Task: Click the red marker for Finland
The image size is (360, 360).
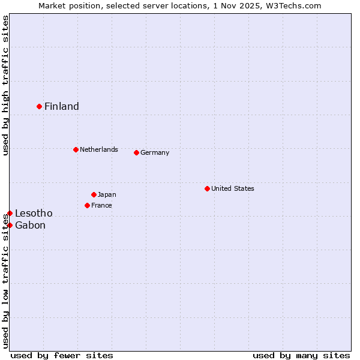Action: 40,106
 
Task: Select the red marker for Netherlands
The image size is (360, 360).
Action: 76,149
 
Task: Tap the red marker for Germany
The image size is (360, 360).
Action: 137,152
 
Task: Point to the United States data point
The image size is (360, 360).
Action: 208,188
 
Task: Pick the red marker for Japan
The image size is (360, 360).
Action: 94,194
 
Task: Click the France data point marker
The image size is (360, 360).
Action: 88,205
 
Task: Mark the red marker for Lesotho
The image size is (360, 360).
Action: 10,213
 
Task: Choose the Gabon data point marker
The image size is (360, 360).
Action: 10,225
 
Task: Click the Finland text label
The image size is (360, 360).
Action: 62,106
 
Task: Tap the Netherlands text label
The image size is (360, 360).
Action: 99,149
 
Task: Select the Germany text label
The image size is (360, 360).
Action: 155,152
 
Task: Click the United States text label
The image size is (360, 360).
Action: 233,188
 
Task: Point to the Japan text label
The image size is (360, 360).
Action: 107,194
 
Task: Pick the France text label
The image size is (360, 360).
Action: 101,205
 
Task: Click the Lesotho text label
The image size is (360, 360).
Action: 34,213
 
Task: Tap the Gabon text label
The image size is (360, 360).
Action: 30,225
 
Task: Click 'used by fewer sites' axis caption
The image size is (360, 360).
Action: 62,355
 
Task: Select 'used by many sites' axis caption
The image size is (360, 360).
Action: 301,355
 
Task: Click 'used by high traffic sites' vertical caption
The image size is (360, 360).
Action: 5,85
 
